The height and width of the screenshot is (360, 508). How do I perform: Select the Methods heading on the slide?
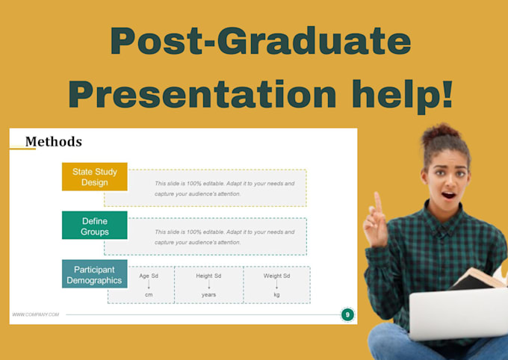(x=54, y=141)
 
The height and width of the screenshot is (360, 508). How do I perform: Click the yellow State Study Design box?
(x=95, y=177)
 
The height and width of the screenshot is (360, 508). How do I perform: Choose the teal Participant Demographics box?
(x=94, y=275)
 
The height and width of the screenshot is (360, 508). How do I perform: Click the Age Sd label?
(x=149, y=276)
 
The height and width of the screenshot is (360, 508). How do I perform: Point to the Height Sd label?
(x=208, y=276)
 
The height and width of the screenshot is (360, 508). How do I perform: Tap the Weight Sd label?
(x=276, y=276)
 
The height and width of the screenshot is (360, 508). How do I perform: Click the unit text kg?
(x=276, y=295)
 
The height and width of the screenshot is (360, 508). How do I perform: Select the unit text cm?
(x=149, y=295)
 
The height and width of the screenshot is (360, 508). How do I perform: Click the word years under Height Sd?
(x=208, y=295)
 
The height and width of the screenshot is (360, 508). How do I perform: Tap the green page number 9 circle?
(x=347, y=314)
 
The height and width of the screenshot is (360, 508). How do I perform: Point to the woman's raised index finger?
(x=378, y=201)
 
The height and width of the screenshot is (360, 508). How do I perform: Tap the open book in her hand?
(x=478, y=278)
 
